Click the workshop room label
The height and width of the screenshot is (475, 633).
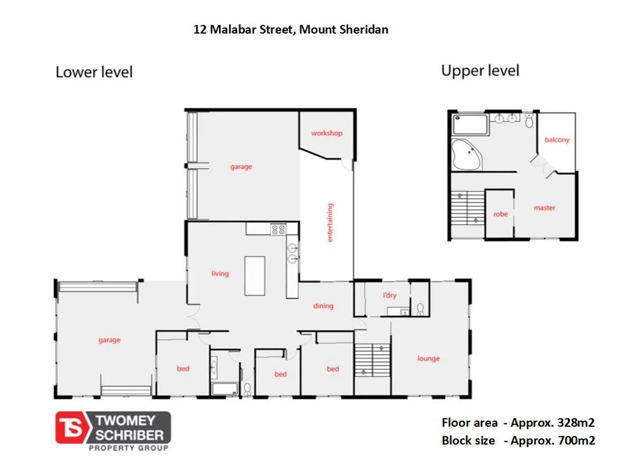327,133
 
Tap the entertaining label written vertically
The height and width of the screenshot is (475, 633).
331,222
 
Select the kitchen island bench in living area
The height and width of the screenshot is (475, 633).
255,275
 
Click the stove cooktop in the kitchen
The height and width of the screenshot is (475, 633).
278,230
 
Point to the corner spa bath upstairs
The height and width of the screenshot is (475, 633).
466,155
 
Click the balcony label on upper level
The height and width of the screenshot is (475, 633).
557,140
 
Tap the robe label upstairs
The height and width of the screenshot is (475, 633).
501,214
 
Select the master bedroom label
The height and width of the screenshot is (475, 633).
544,208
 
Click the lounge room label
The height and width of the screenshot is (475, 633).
428,358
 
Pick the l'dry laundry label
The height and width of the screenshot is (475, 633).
389,296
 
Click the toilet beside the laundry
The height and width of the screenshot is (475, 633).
420,308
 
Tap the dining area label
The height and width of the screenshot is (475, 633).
323,306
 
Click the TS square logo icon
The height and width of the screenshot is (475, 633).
73,428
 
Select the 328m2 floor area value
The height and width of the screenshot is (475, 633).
576,423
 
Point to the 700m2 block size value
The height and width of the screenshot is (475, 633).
576,440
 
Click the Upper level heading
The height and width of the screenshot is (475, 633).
480,70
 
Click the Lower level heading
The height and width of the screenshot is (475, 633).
94,72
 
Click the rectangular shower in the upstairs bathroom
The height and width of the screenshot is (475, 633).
471,125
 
